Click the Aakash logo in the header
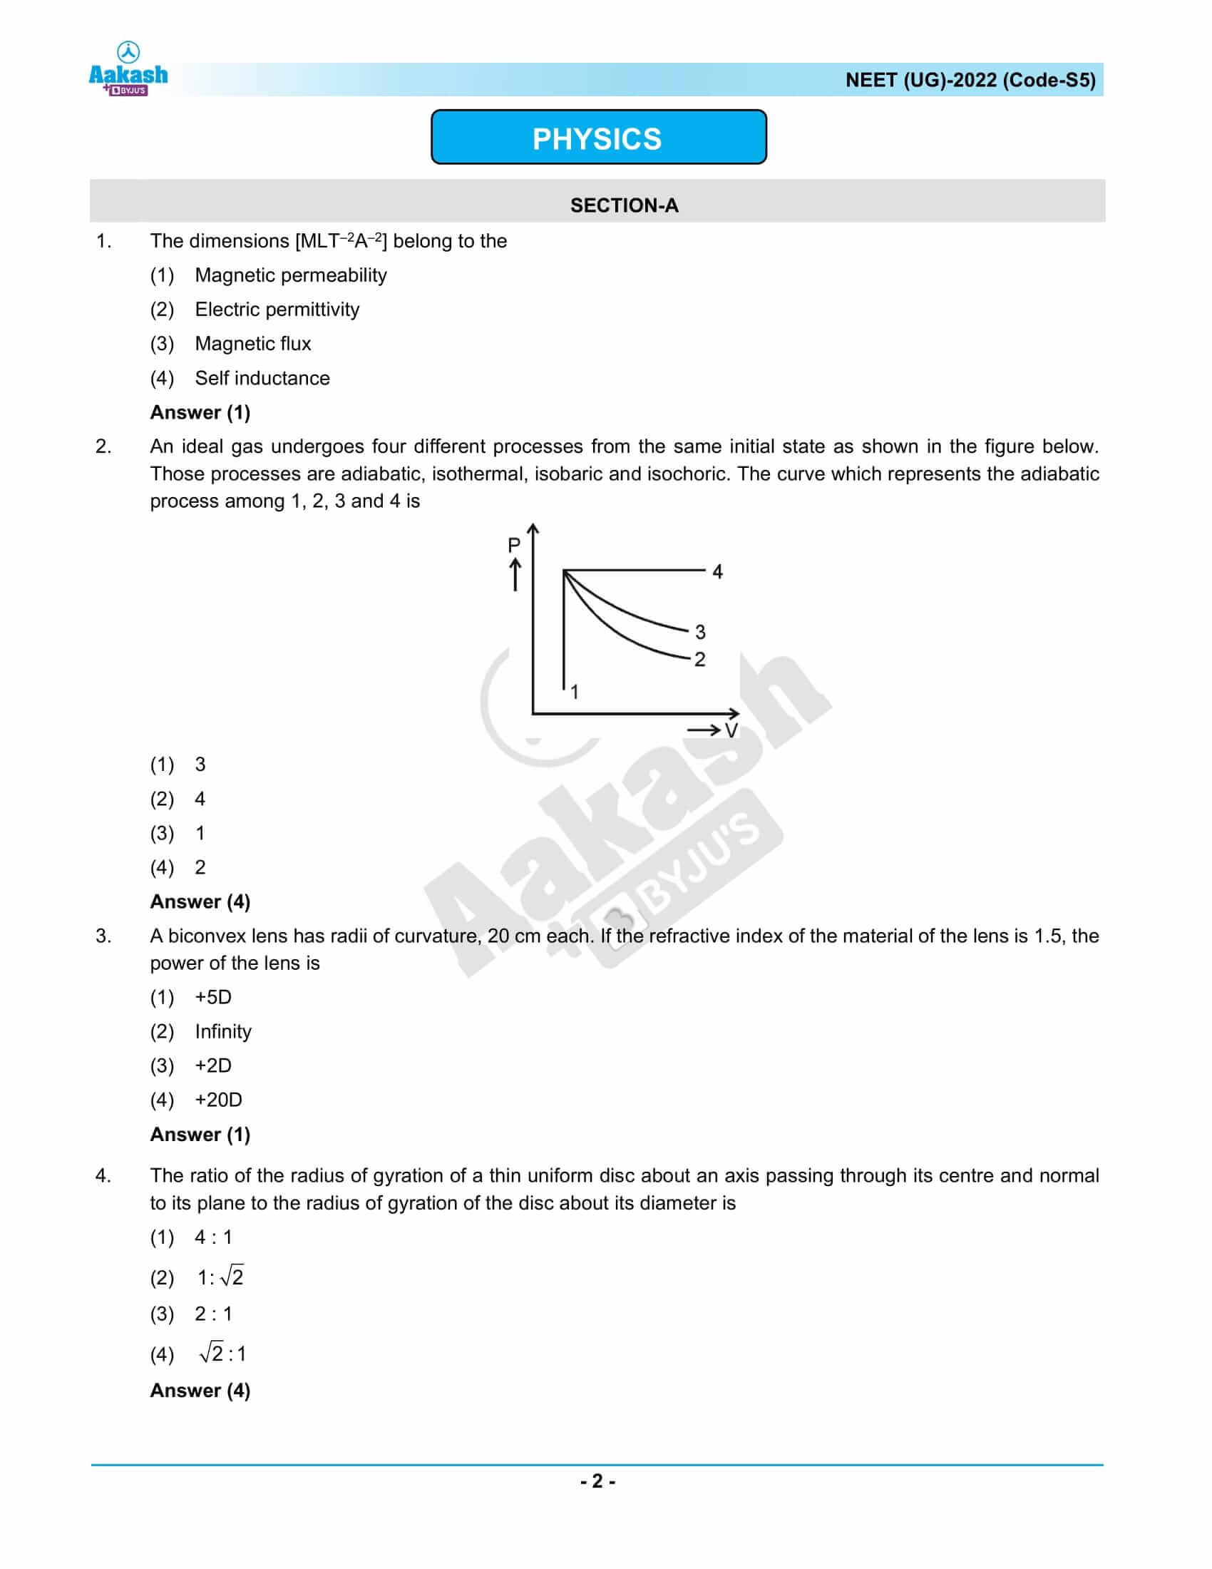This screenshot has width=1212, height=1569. pos(128,71)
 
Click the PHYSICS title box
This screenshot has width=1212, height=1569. pos(598,138)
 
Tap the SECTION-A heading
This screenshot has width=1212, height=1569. pos(623,205)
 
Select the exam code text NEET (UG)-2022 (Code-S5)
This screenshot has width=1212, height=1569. pos(970,80)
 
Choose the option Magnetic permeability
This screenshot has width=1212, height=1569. pos(290,275)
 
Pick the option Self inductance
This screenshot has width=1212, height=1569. pos(262,378)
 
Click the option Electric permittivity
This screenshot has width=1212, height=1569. pos(277,310)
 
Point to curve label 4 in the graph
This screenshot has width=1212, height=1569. pos(717,572)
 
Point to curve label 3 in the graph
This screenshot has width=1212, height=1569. pos(700,632)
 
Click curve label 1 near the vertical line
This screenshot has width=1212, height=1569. pos(575,691)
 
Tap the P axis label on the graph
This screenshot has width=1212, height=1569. pos(514,546)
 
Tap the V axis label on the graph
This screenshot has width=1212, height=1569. pos(731,730)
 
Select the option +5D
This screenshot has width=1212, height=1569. pos(213,997)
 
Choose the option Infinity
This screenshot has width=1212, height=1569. pos(223,1032)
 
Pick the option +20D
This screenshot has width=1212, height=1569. pos(218,1100)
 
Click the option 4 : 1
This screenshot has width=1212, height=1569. pos(213,1237)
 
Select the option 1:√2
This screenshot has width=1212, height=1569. pos(220,1277)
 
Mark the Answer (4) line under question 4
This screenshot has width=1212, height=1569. pos(200,1390)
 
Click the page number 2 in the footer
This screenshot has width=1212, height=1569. pos(597,1481)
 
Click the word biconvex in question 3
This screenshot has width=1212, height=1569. pos(208,936)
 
